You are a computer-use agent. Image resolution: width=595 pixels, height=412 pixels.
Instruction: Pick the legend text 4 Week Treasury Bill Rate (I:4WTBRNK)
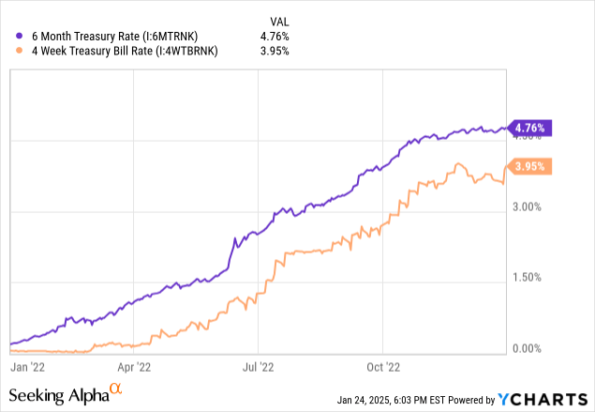click(x=124, y=53)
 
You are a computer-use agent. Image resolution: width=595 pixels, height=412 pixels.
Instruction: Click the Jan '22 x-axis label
click(x=28, y=367)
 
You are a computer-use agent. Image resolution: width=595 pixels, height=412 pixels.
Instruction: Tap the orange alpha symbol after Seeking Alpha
click(x=115, y=389)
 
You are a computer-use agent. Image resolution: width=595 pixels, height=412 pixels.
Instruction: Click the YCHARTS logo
click(x=547, y=397)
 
